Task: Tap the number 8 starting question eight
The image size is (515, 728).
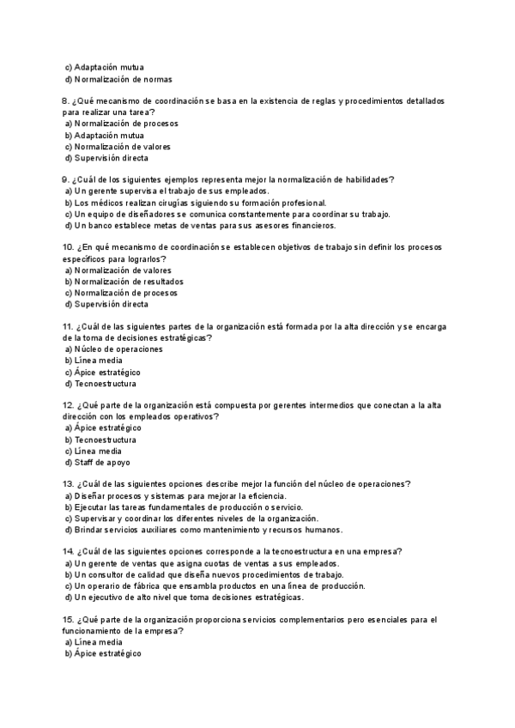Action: pyautogui.click(x=67, y=101)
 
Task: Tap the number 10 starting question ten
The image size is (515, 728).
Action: pyautogui.click(x=69, y=248)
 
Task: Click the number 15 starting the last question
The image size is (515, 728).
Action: pyautogui.click(x=69, y=620)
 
